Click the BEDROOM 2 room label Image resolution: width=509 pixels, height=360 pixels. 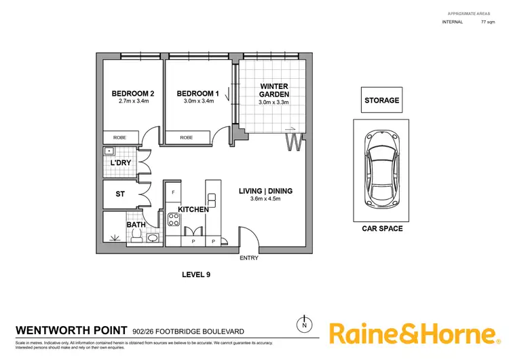tap(128, 94)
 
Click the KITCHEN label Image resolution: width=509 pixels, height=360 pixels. tap(193, 210)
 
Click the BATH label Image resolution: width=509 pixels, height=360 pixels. tap(136, 224)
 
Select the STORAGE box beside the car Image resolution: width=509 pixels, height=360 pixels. tap(382, 101)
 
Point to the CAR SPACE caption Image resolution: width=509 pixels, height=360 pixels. tap(381, 228)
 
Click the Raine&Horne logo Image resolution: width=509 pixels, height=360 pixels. tap(413, 334)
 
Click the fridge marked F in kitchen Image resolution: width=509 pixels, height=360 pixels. tap(173, 192)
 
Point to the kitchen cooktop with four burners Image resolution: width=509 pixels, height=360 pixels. tap(173, 219)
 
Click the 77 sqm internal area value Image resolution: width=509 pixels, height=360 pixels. tap(487, 22)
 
